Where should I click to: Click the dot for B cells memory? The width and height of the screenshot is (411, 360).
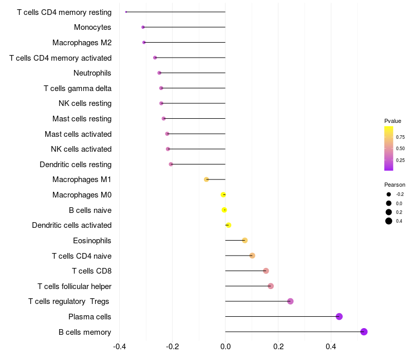(364, 332)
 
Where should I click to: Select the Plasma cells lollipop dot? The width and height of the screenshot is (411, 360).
(339, 316)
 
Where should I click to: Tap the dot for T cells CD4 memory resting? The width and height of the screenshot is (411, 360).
(126, 12)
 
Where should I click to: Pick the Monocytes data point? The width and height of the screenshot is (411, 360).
(143, 27)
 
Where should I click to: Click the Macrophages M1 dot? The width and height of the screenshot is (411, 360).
(207, 179)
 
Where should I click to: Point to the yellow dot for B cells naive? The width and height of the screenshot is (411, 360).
(224, 210)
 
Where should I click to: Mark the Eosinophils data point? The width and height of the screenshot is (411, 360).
(245, 240)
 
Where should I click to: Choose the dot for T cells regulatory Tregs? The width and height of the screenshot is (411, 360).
(290, 301)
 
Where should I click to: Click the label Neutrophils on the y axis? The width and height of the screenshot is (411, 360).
(92, 73)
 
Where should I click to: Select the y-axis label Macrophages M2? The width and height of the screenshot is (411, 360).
(82, 43)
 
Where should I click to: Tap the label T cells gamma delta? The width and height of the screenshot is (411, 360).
(78, 88)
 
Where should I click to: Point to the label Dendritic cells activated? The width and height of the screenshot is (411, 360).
(72, 225)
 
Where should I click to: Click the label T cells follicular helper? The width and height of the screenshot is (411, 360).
(74, 286)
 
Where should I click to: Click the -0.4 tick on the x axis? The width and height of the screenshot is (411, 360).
(119, 347)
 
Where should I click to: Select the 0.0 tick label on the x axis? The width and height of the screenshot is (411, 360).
(225, 347)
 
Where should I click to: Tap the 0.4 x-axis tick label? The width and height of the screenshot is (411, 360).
(331, 347)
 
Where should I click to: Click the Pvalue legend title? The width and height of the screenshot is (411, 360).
(393, 121)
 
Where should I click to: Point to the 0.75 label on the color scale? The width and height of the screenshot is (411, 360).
(400, 137)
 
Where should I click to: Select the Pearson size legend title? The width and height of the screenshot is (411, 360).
(395, 185)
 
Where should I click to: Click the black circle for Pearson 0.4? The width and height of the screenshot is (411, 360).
(389, 221)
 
